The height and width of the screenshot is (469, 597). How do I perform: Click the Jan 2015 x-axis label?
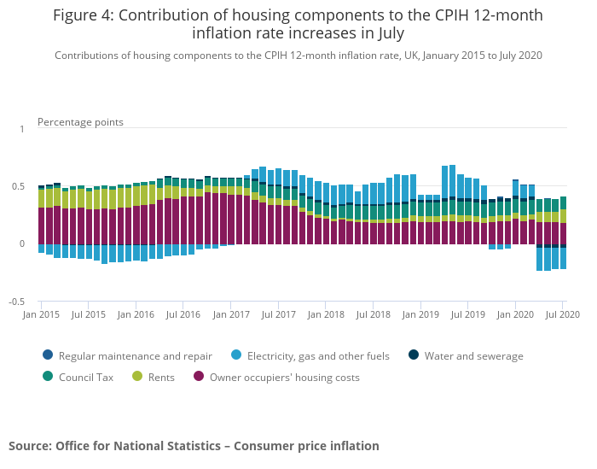42,314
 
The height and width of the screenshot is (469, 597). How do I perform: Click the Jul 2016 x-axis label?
183,314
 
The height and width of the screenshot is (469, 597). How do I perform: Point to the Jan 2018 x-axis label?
326,314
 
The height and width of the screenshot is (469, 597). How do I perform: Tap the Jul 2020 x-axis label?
562,314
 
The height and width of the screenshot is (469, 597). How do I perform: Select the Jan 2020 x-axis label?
514,314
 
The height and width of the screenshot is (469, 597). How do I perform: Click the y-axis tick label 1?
22,128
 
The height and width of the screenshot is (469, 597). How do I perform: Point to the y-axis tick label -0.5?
17,302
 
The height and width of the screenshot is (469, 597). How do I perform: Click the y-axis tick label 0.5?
19,186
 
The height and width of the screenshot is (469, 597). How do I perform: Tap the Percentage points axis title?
80,122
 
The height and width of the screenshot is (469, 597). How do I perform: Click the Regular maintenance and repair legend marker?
48,355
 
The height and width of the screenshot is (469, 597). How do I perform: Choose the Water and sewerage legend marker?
414,355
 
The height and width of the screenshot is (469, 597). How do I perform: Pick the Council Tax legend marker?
48,376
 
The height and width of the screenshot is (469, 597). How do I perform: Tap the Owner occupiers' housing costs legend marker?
200,376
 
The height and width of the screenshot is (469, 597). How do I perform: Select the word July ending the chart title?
388,33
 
